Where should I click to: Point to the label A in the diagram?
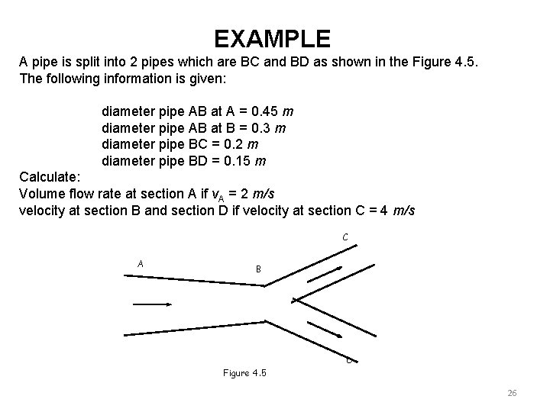[141, 264]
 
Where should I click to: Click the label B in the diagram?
[259, 269]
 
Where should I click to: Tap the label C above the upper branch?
[346, 238]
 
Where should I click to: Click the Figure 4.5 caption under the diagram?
[244, 373]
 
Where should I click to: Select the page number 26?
[512, 393]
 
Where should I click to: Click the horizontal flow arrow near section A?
[152, 304]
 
